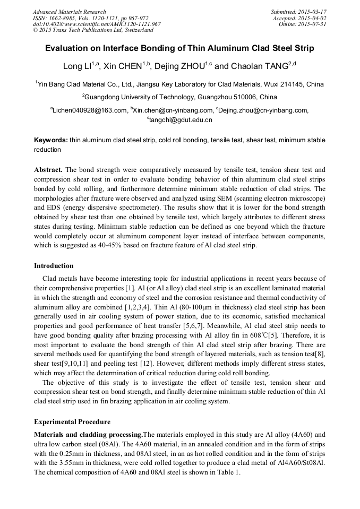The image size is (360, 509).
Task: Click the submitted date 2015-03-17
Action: pyautogui.click(x=313, y=12)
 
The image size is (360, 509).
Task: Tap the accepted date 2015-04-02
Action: pyautogui.click(x=313, y=18)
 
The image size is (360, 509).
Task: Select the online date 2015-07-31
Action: pyautogui.click(x=313, y=24)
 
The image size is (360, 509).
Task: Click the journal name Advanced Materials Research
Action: pyautogui.click(x=69, y=12)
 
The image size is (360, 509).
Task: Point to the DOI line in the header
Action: pyautogui.click(x=97, y=24)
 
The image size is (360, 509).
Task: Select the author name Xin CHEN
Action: pyautogui.click(x=125, y=66)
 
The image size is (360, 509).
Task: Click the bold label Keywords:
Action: pyautogui.click(x=51, y=140)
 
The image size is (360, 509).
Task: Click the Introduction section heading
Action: pyautogui.click(x=54, y=266)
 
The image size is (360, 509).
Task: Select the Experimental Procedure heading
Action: pyautogui.click(x=72, y=422)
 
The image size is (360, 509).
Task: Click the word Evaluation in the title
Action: pyautogui.click(x=69, y=48)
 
